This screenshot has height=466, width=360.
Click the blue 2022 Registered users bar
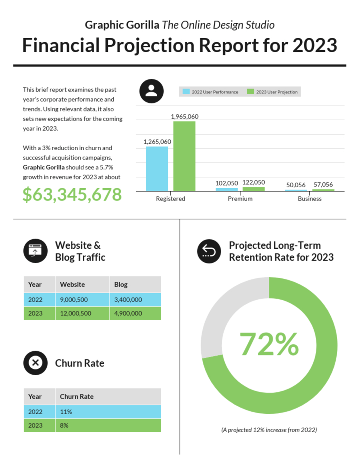157,169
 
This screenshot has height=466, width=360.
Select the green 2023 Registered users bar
184,156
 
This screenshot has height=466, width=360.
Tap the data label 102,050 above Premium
227,183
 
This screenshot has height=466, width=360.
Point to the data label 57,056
323,185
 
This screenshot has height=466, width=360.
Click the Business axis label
309,199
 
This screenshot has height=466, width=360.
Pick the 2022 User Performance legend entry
210,92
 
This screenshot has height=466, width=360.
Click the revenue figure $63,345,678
72,195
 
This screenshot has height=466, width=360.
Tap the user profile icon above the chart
151,91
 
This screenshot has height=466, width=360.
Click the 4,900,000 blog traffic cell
128,313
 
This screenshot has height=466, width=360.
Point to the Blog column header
121,285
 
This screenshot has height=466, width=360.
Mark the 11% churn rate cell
66,412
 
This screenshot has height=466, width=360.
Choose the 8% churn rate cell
64,425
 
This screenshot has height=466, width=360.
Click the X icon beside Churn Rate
35,363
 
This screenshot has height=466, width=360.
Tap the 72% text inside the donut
269,345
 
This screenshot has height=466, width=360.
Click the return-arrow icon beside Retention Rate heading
209,251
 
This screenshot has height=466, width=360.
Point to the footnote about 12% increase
269,429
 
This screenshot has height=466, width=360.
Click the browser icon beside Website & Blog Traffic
35,251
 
